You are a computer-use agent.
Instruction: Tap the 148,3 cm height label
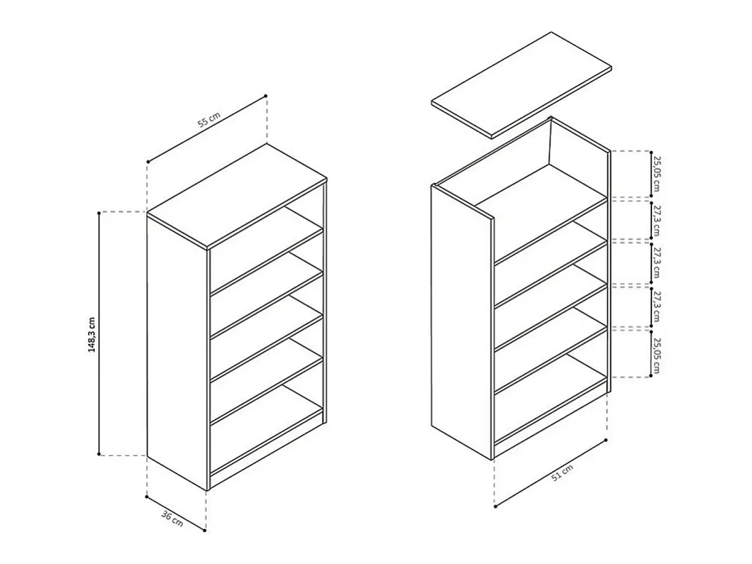pos(92,335)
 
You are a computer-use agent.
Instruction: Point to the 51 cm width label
pos(562,473)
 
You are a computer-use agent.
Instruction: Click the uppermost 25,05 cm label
pos(656,174)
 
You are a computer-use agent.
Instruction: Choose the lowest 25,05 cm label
pos(656,355)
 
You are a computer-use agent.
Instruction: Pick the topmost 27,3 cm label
pos(656,221)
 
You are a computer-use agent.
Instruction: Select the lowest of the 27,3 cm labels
pos(656,307)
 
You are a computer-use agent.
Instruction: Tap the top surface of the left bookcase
pos(237,195)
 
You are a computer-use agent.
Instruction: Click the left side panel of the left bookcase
pos(177,352)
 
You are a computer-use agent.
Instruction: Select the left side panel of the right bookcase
pos(462,322)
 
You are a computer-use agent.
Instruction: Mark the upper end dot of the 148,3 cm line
pos(99,213)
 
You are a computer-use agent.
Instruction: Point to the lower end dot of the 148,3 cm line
pos(99,454)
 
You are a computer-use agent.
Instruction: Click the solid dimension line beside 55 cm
pos(207,129)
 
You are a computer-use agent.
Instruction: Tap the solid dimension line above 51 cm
pos(551,473)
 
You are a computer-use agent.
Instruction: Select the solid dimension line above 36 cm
pos(176,513)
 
